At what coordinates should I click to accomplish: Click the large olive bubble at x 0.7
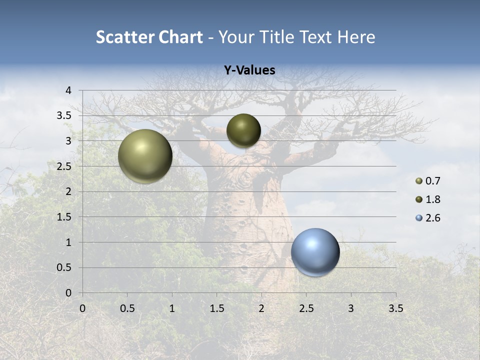145,156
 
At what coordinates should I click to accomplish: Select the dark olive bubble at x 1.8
243,130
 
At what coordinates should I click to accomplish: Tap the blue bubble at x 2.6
315,252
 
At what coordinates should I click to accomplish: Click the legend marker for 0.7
419,181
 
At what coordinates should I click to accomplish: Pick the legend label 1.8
433,199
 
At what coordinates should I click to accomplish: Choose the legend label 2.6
433,218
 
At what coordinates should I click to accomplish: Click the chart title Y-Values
249,70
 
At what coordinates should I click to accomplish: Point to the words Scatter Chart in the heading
149,37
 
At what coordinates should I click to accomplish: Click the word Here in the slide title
356,37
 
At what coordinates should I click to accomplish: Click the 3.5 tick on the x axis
395,308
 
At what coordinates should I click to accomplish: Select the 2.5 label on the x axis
306,308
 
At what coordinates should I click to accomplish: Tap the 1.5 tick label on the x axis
216,308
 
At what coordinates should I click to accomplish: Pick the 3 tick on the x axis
351,308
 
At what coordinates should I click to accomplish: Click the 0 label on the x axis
82,308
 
